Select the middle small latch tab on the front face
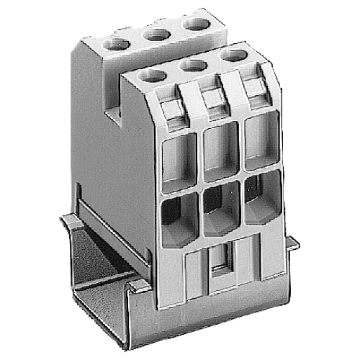pyautogui.click(x=212, y=99)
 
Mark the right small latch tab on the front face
pyautogui.click(x=253, y=90)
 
